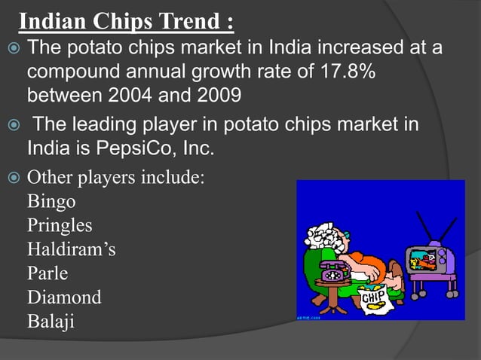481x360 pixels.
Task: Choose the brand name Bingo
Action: click(x=51, y=202)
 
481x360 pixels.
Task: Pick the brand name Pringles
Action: click(x=60, y=225)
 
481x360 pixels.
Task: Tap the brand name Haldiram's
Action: click(x=71, y=249)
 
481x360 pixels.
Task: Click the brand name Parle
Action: click(x=47, y=273)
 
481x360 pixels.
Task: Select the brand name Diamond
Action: click(x=64, y=297)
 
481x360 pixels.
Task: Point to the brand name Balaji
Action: click(x=51, y=320)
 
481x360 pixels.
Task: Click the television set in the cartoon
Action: click(x=430, y=259)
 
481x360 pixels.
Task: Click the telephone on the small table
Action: click(x=332, y=270)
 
